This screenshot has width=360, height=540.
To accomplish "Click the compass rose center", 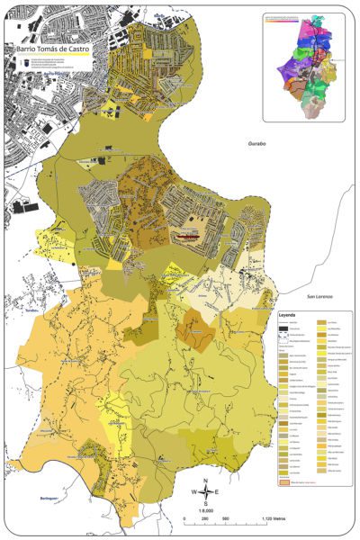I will pos(205,492).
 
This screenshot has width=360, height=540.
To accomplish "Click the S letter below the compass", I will pos(205,505).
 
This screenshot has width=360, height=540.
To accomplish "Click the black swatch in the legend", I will pos(282,330).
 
